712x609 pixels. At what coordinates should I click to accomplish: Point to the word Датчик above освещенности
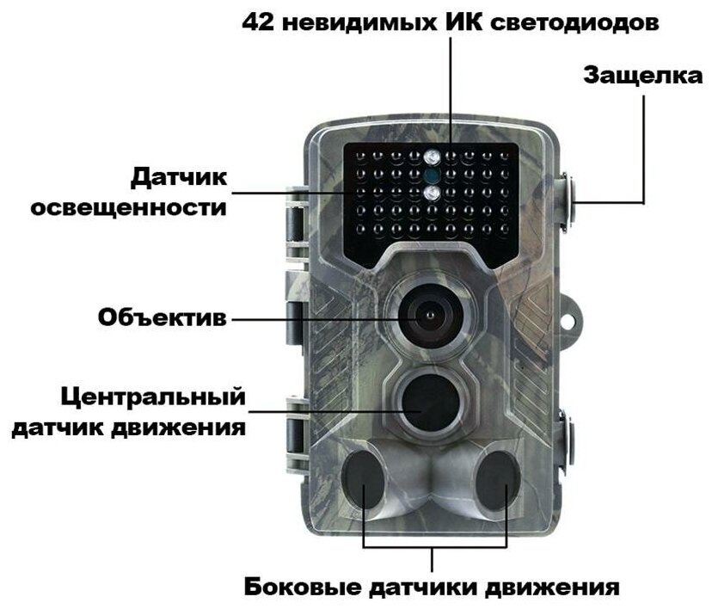click(x=179, y=178)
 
